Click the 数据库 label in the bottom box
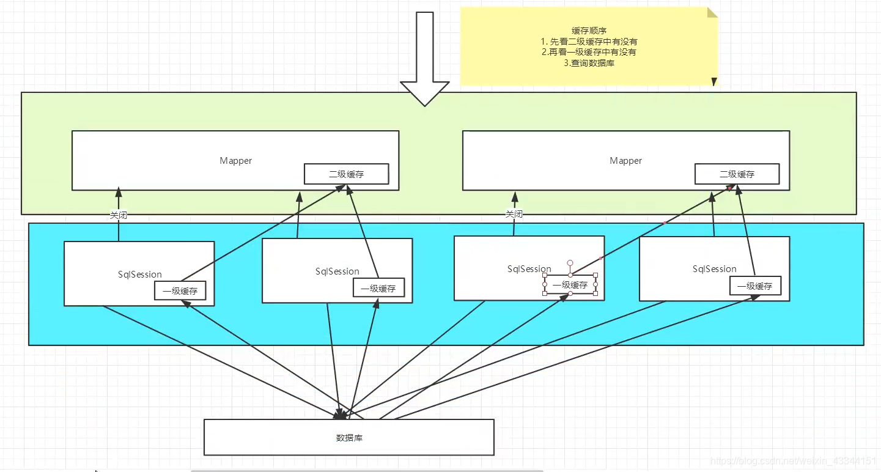[x=349, y=438]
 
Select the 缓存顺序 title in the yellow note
[x=589, y=31]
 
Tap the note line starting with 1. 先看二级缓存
[x=589, y=42]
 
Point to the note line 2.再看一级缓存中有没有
[x=589, y=52]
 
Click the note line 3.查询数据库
[x=589, y=63]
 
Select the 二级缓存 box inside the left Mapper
[x=346, y=174]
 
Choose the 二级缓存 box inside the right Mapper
[x=737, y=174]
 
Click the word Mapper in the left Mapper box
[x=235, y=161]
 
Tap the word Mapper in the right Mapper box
[x=625, y=161]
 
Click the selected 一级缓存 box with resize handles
[x=570, y=285]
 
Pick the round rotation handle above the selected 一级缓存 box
[x=570, y=263]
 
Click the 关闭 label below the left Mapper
[x=119, y=215]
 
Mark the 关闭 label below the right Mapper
[x=514, y=214]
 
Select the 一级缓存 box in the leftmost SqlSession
[x=180, y=291]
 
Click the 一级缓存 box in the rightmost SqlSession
[x=755, y=286]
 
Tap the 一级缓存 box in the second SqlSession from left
[x=378, y=289]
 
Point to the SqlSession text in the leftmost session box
[x=140, y=275]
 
